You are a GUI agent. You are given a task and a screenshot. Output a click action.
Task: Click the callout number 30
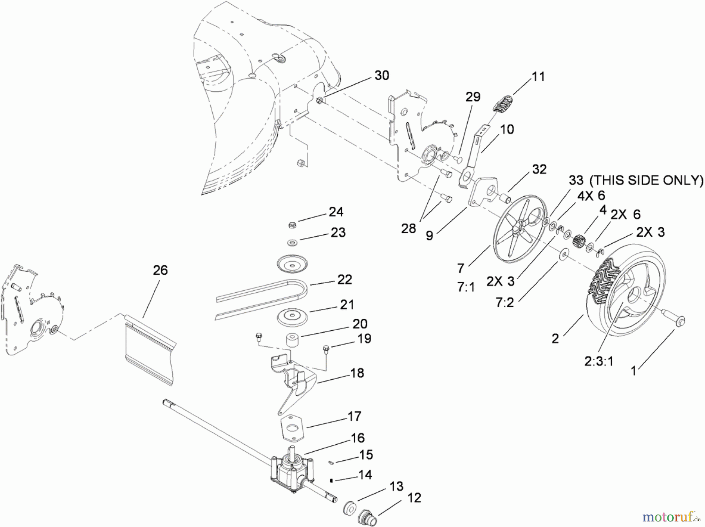pyautogui.click(x=381, y=75)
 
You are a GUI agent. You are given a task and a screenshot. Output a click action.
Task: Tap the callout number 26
pyautogui.click(x=160, y=270)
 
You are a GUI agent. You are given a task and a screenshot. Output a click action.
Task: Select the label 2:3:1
pyautogui.click(x=599, y=361)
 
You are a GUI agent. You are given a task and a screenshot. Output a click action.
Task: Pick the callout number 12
pyautogui.click(x=414, y=498)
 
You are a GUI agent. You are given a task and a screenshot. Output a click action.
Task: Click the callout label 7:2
pyautogui.click(x=505, y=302)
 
